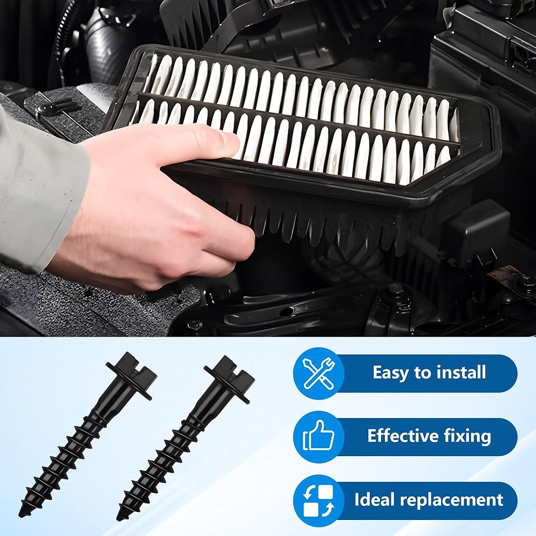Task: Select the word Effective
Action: (403, 436)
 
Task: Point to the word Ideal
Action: (375, 500)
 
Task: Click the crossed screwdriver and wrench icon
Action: (319, 373)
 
